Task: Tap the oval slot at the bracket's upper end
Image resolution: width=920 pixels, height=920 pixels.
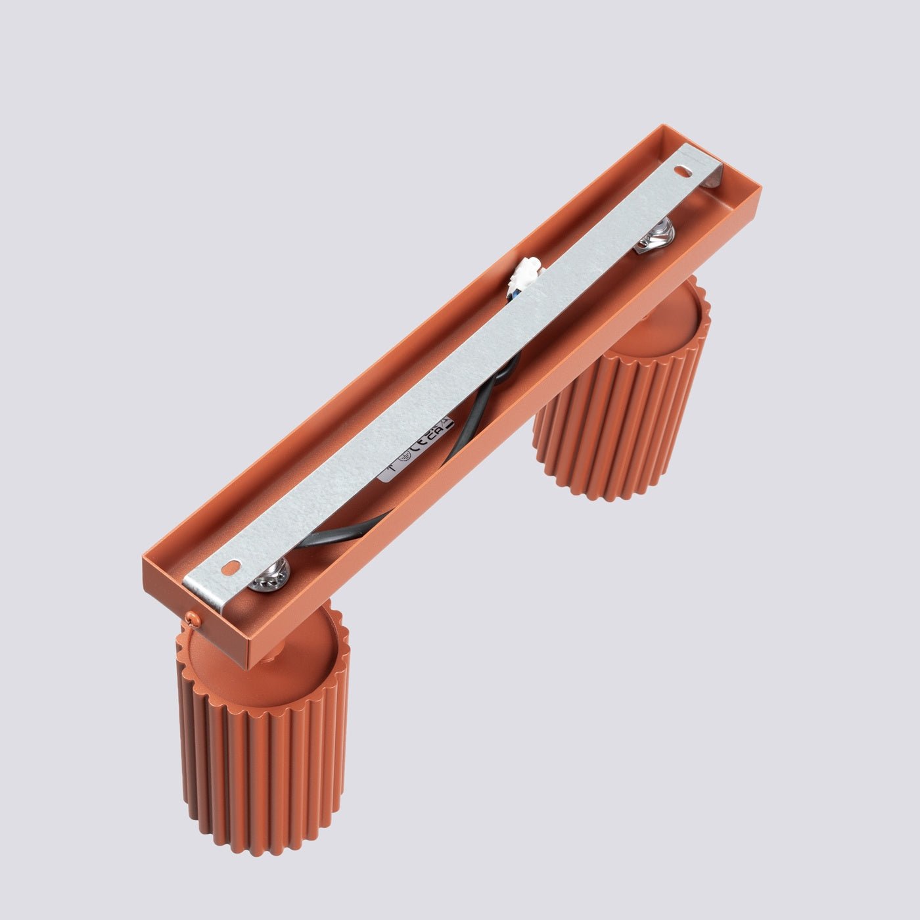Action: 685,170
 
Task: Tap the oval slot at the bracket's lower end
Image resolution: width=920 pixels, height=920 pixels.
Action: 232,566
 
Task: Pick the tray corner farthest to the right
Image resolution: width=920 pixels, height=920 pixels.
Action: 761,191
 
